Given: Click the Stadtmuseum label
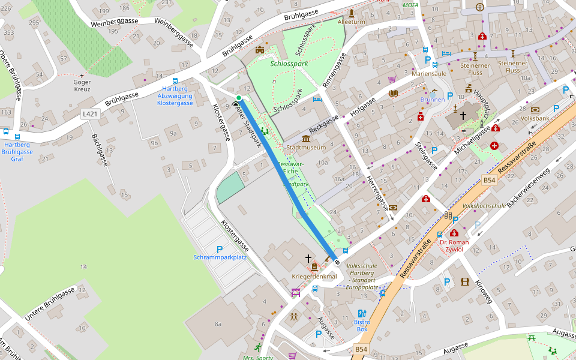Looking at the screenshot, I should [x=306, y=147].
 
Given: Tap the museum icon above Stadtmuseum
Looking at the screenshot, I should [x=306, y=139].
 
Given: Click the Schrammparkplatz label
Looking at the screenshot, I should [x=220, y=257].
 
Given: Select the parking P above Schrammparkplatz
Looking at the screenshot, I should [x=220, y=249].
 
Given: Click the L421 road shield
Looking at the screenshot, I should [x=90, y=113].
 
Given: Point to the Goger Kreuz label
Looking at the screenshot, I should [x=82, y=86].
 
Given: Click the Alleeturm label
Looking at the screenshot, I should [x=351, y=22].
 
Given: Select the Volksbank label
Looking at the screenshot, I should [x=535, y=119].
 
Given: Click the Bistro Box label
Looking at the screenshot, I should [x=361, y=326].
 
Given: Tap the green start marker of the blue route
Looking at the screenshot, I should [x=239, y=98].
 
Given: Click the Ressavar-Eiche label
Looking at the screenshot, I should [x=292, y=167].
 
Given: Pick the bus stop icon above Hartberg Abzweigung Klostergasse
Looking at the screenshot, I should [x=175, y=80].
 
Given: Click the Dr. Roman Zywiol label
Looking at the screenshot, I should [x=454, y=245].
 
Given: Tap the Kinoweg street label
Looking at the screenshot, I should [x=483, y=290].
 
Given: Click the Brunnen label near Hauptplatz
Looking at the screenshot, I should [x=433, y=100].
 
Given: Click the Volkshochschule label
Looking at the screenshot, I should [x=484, y=205].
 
